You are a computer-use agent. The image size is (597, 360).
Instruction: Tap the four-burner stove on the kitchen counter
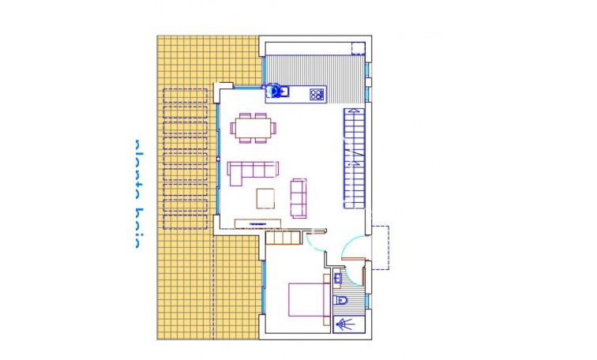click(317, 95)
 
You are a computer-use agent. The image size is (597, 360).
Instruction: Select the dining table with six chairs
click(254, 127)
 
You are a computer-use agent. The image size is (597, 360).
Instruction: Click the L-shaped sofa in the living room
click(253, 171)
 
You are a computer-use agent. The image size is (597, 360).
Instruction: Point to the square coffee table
click(265, 197)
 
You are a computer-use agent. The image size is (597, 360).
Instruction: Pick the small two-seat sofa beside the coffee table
click(298, 197)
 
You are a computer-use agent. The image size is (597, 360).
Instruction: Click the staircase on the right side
click(354, 158)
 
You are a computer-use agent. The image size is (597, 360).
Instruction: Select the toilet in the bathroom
click(343, 301)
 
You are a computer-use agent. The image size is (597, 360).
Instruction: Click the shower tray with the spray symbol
click(344, 324)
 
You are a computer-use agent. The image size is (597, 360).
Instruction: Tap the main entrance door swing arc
click(352, 250)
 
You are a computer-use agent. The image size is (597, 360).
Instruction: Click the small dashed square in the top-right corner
click(358, 45)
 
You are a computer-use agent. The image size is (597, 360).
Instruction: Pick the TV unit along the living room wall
click(257, 223)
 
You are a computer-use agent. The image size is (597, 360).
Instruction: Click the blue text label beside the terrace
click(136, 193)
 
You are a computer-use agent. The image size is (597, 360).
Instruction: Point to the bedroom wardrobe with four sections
click(284, 237)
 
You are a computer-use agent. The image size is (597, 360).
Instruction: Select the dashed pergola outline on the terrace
click(186, 158)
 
